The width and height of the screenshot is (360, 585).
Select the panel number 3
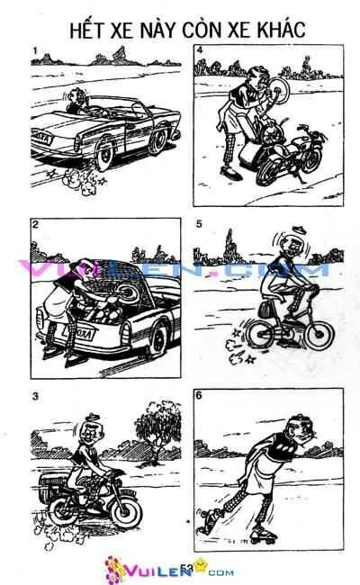pos(32,396)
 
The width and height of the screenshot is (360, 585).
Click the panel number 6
pos(199,396)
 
